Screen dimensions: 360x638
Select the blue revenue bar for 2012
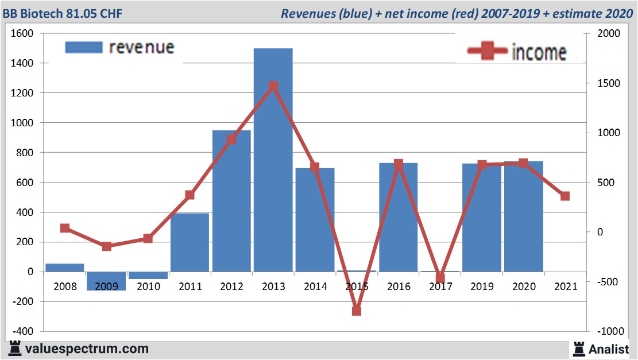(x=231, y=201)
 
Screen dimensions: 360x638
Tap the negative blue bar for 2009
(x=106, y=281)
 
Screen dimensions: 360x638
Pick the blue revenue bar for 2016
(x=398, y=218)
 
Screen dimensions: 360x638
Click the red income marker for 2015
(x=356, y=311)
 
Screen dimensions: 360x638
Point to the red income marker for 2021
(x=565, y=196)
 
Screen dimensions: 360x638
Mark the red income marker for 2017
(x=440, y=278)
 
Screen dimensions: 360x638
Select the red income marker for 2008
(x=65, y=229)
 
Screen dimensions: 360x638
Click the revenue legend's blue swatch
(x=84, y=47)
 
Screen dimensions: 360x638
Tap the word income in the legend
(x=539, y=53)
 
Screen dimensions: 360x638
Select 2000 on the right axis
(x=609, y=34)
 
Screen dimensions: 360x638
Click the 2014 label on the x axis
(x=315, y=287)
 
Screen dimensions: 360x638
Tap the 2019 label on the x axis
(x=481, y=287)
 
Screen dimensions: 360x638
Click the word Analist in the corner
(x=609, y=349)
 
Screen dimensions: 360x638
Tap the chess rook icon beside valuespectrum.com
(x=14, y=349)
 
